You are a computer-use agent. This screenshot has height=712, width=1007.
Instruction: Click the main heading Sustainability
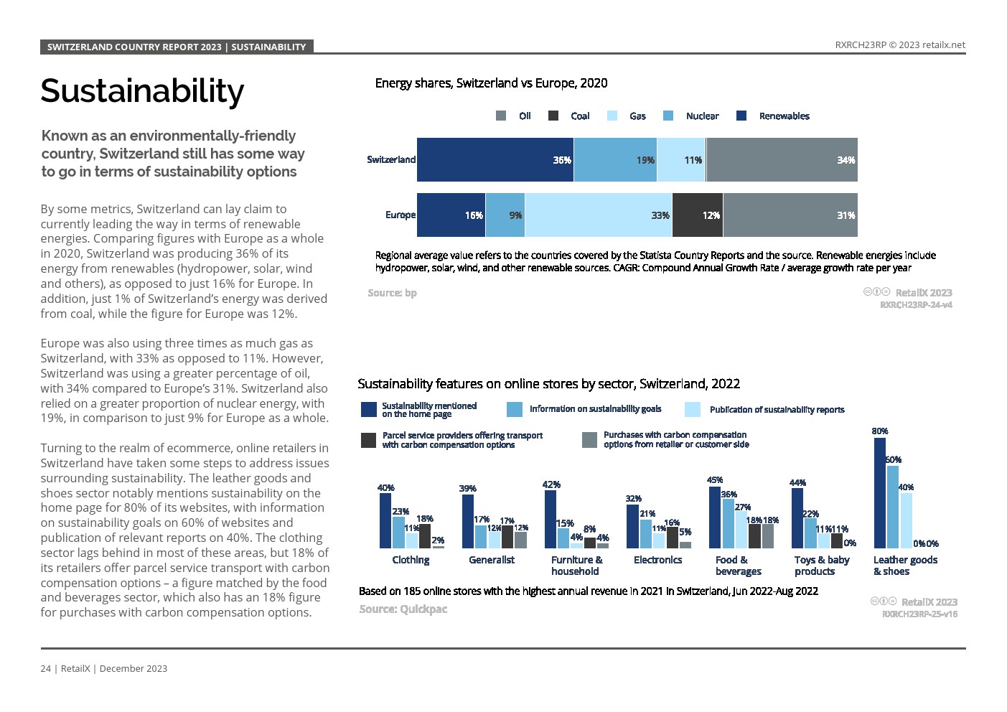point(142,91)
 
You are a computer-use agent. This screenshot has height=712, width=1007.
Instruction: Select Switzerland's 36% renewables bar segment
point(495,159)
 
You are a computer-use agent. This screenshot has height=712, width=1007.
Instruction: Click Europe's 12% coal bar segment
point(697,215)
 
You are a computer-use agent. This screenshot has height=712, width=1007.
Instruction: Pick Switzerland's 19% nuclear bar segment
point(614,159)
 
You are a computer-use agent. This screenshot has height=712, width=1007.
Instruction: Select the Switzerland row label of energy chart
point(390,159)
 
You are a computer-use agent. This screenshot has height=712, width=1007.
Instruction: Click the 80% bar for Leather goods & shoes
point(879,493)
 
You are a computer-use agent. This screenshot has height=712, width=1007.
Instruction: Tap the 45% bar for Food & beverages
point(715,517)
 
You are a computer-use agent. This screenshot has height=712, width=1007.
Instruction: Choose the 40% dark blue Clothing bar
point(385,520)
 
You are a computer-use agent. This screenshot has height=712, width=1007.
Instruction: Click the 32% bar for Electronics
point(632,526)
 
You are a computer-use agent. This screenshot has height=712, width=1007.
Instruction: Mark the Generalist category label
point(491,560)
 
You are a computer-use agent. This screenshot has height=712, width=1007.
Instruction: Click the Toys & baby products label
point(821,566)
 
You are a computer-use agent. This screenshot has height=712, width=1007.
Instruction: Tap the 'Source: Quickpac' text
point(403,609)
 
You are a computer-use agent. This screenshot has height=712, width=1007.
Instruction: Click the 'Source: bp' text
point(392,293)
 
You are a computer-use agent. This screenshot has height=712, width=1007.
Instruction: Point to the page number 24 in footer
point(45,668)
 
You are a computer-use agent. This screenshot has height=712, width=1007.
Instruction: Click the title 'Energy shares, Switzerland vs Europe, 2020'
point(491,83)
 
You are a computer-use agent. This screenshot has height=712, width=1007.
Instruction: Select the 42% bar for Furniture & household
point(551,519)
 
